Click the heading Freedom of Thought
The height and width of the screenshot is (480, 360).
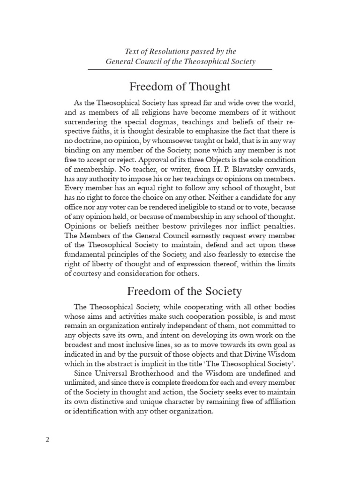[180, 86]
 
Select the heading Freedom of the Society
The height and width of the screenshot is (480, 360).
[180, 291]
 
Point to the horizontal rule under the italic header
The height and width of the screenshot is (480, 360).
[180, 69]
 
